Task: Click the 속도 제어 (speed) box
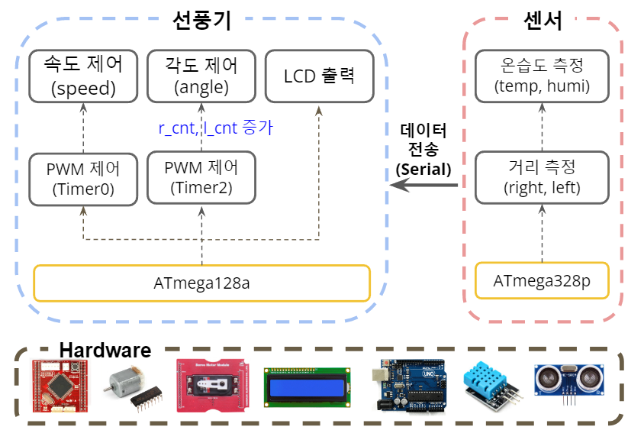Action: coord(83,76)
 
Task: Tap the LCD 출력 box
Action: coord(319,76)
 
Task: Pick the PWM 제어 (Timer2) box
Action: coord(201,177)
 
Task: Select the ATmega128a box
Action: coord(202,283)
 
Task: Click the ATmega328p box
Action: coord(542,280)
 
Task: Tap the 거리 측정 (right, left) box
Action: coord(542,177)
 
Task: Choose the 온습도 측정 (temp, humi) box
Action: coord(542,76)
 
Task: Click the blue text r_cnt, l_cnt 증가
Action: coord(216,128)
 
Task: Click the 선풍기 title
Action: coord(202,21)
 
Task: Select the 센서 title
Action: coord(542,21)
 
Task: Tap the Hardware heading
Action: coord(105,351)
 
